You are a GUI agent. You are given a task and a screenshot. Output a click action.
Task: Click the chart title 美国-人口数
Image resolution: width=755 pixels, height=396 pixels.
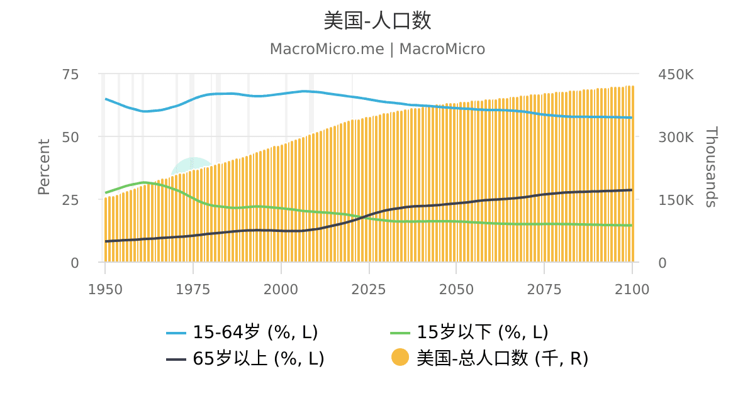pyautogui.click(x=377, y=21)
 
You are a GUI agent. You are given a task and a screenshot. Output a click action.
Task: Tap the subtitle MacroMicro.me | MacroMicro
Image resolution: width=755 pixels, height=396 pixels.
pyautogui.click(x=377, y=49)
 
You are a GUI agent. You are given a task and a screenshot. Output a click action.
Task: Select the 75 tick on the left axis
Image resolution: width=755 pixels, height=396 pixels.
pyautogui.click(x=70, y=74)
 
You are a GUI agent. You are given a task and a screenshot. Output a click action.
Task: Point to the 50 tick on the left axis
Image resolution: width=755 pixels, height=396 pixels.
pyautogui.click(x=70, y=138)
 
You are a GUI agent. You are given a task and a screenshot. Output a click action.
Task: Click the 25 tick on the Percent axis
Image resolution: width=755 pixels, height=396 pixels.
pyautogui.click(x=70, y=201)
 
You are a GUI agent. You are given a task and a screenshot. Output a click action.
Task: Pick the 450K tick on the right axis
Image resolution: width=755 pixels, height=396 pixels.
pyautogui.click(x=676, y=74)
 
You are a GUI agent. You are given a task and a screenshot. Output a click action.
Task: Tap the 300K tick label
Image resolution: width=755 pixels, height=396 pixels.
pyautogui.click(x=676, y=138)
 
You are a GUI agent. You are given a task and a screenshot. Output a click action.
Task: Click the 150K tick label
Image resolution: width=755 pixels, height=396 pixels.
pyautogui.click(x=676, y=201)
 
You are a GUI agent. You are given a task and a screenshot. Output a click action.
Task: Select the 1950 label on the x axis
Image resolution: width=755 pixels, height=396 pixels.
pyautogui.click(x=105, y=290)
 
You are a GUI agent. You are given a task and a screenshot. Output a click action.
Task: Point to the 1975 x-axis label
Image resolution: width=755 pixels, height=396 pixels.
pyautogui.click(x=193, y=290)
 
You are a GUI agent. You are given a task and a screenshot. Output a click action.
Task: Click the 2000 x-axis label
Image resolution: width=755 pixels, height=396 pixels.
pyautogui.click(x=281, y=290)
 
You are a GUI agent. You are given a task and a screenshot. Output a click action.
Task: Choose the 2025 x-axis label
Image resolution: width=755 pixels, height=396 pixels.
pyautogui.click(x=369, y=290)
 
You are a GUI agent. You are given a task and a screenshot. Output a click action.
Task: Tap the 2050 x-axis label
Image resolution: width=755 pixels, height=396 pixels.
pyautogui.click(x=456, y=290)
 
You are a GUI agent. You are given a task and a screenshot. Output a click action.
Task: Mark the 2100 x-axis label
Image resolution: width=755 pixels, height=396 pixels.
pyautogui.click(x=632, y=290)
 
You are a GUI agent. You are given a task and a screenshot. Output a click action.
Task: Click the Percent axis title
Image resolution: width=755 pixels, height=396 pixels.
pyautogui.click(x=44, y=167)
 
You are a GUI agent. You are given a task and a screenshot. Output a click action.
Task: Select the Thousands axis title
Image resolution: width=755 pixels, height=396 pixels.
pyautogui.click(x=711, y=167)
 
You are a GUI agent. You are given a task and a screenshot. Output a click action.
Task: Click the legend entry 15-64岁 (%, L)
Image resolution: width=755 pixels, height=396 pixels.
pyautogui.click(x=242, y=332)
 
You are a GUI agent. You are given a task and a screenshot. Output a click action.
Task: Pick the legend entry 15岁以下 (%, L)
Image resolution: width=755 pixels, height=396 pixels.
pyautogui.click(x=469, y=332)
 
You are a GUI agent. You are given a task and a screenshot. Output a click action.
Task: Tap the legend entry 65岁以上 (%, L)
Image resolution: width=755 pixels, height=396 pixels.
pyautogui.click(x=245, y=358)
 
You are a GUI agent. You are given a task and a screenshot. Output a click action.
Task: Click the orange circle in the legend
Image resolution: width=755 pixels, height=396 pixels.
pyautogui.click(x=400, y=357)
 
